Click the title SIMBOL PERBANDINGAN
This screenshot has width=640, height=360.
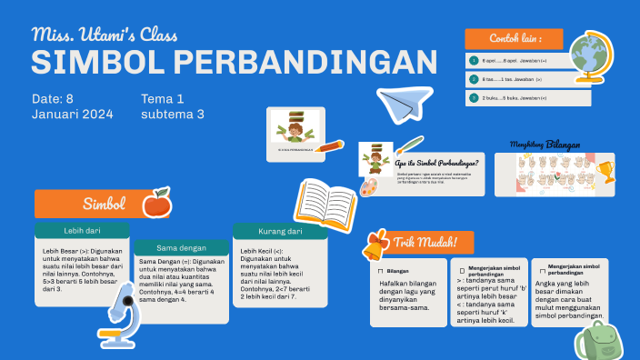(x=227, y=63)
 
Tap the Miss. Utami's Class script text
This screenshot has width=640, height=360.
(x=105, y=35)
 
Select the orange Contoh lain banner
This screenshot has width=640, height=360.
(x=514, y=39)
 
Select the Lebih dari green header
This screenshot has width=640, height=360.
(x=82, y=231)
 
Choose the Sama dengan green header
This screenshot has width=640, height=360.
(x=181, y=247)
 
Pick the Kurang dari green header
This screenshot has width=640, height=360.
(x=280, y=232)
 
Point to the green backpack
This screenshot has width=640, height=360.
(x=595, y=339)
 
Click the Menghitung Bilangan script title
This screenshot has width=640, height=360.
(x=545, y=145)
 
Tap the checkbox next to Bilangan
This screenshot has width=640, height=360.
(x=380, y=271)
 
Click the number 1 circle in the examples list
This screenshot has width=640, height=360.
(x=474, y=60)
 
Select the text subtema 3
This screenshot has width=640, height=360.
(x=173, y=115)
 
